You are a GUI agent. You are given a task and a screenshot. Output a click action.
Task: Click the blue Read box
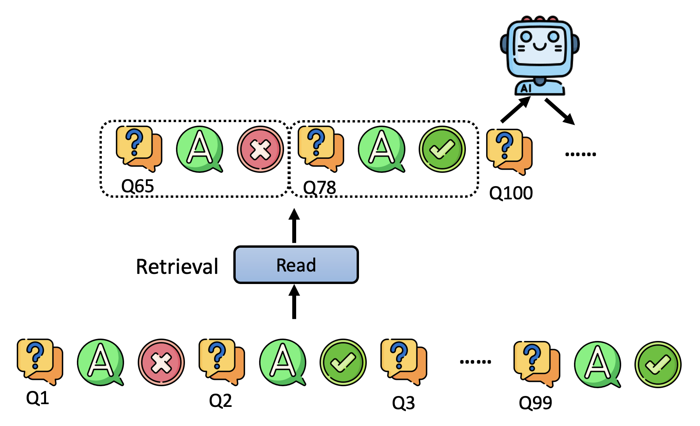[x=296, y=265]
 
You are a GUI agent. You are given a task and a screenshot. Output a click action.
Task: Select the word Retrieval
[x=177, y=267]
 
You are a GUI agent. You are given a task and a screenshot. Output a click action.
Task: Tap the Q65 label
[x=137, y=186]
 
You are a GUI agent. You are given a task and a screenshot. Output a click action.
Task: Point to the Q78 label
[x=319, y=188]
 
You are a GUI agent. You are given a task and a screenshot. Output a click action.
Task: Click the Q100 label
[x=511, y=193]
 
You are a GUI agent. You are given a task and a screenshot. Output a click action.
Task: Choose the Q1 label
[x=37, y=398]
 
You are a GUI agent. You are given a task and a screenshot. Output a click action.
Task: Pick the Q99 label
[x=535, y=403]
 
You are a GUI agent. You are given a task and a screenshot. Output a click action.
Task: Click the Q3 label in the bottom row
[x=403, y=403]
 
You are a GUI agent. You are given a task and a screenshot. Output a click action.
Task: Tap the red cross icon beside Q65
[x=260, y=149]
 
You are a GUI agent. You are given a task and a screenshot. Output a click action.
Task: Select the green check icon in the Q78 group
[x=442, y=149]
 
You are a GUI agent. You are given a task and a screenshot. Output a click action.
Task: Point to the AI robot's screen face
[x=539, y=46]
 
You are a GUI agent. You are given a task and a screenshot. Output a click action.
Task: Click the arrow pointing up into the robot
[x=515, y=110]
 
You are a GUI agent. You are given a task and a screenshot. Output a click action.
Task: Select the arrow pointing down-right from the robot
[x=560, y=112]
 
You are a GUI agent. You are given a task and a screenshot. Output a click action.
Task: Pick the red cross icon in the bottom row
[x=161, y=362]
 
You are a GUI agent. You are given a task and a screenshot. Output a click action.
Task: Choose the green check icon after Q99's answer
[x=658, y=364]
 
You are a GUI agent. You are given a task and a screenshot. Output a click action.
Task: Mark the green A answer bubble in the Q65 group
[x=199, y=149]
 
